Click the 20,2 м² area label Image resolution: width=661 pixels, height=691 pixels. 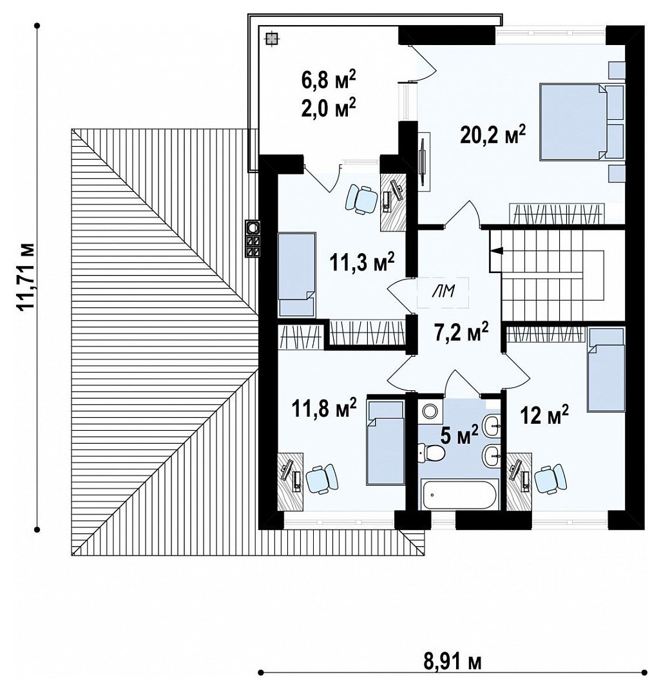point(493,135)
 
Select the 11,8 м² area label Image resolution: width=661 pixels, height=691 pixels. point(324,408)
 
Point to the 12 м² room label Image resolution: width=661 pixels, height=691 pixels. point(544,414)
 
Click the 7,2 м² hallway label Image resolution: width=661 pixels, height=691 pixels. point(462,332)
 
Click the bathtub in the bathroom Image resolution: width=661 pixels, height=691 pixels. point(459,495)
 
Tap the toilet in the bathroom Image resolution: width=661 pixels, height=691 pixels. point(431,453)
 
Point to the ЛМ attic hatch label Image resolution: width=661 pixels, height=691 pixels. point(443,291)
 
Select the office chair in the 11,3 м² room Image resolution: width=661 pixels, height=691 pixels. point(361,200)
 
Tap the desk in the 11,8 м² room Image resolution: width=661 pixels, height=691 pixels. point(290,481)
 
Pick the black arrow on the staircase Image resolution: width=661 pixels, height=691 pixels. point(497,251)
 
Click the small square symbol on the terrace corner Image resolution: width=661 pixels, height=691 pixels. point(272,39)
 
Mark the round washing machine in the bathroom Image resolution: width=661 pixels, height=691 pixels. point(430,412)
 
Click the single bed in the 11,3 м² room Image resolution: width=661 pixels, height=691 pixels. point(297,275)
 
